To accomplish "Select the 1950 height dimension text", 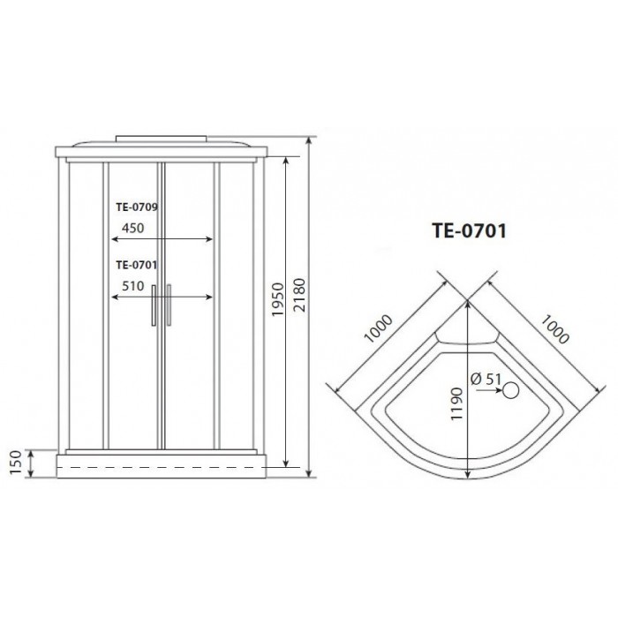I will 276,304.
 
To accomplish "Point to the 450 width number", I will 132,226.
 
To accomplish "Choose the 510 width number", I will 132,285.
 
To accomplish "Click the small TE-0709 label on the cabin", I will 136,209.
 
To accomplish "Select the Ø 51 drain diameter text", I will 486,380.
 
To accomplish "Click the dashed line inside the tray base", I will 159,466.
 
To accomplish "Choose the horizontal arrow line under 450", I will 159,239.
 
